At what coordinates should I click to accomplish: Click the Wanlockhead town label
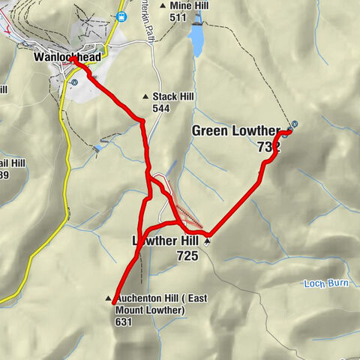point(67,56)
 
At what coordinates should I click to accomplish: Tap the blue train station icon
point(121,16)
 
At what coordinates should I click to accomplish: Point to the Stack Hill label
point(174,97)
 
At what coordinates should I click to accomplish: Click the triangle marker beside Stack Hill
point(145,97)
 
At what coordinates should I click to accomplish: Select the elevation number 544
point(160,109)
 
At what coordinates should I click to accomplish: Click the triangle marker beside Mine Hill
point(163,6)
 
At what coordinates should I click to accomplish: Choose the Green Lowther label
point(235,131)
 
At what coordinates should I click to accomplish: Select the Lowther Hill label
point(165,241)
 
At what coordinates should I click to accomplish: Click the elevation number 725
point(187,256)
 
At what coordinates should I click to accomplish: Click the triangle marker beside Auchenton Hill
point(109,298)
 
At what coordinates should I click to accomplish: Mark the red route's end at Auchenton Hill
point(114,303)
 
